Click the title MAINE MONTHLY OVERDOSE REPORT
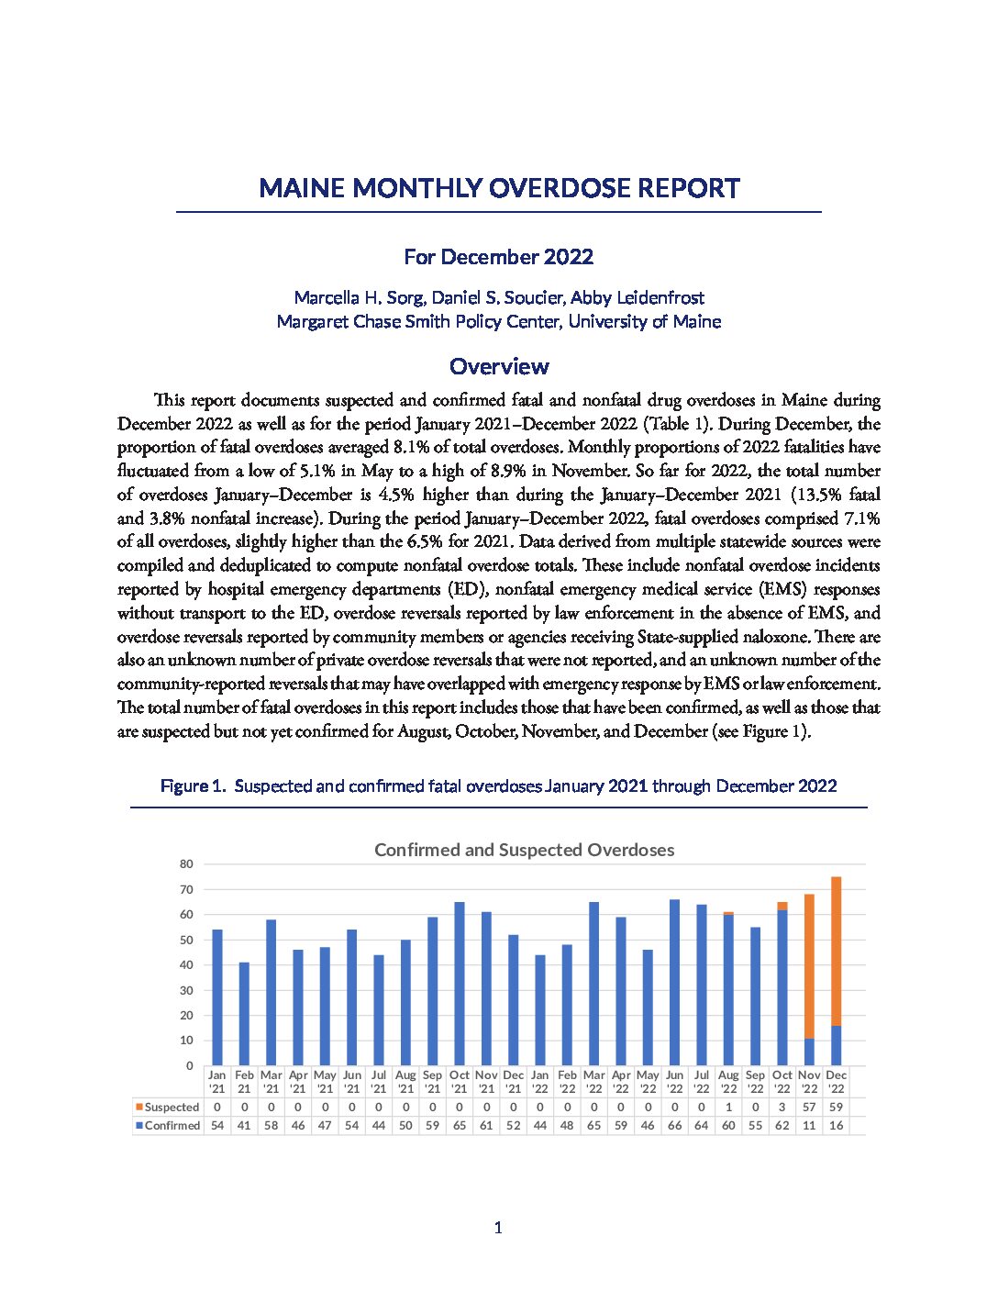click(499, 188)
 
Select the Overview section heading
click(499, 366)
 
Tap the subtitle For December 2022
click(499, 257)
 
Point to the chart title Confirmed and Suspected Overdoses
click(524, 850)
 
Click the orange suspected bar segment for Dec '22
click(836, 951)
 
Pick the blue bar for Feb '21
click(244, 1013)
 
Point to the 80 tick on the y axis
click(187, 864)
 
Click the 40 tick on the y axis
click(187, 965)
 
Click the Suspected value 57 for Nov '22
click(809, 1108)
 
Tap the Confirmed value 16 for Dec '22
click(836, 1126)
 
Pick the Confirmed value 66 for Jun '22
click(674, 1126)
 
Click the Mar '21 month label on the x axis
click(271, 1082)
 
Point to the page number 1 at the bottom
click(498, 1228)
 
